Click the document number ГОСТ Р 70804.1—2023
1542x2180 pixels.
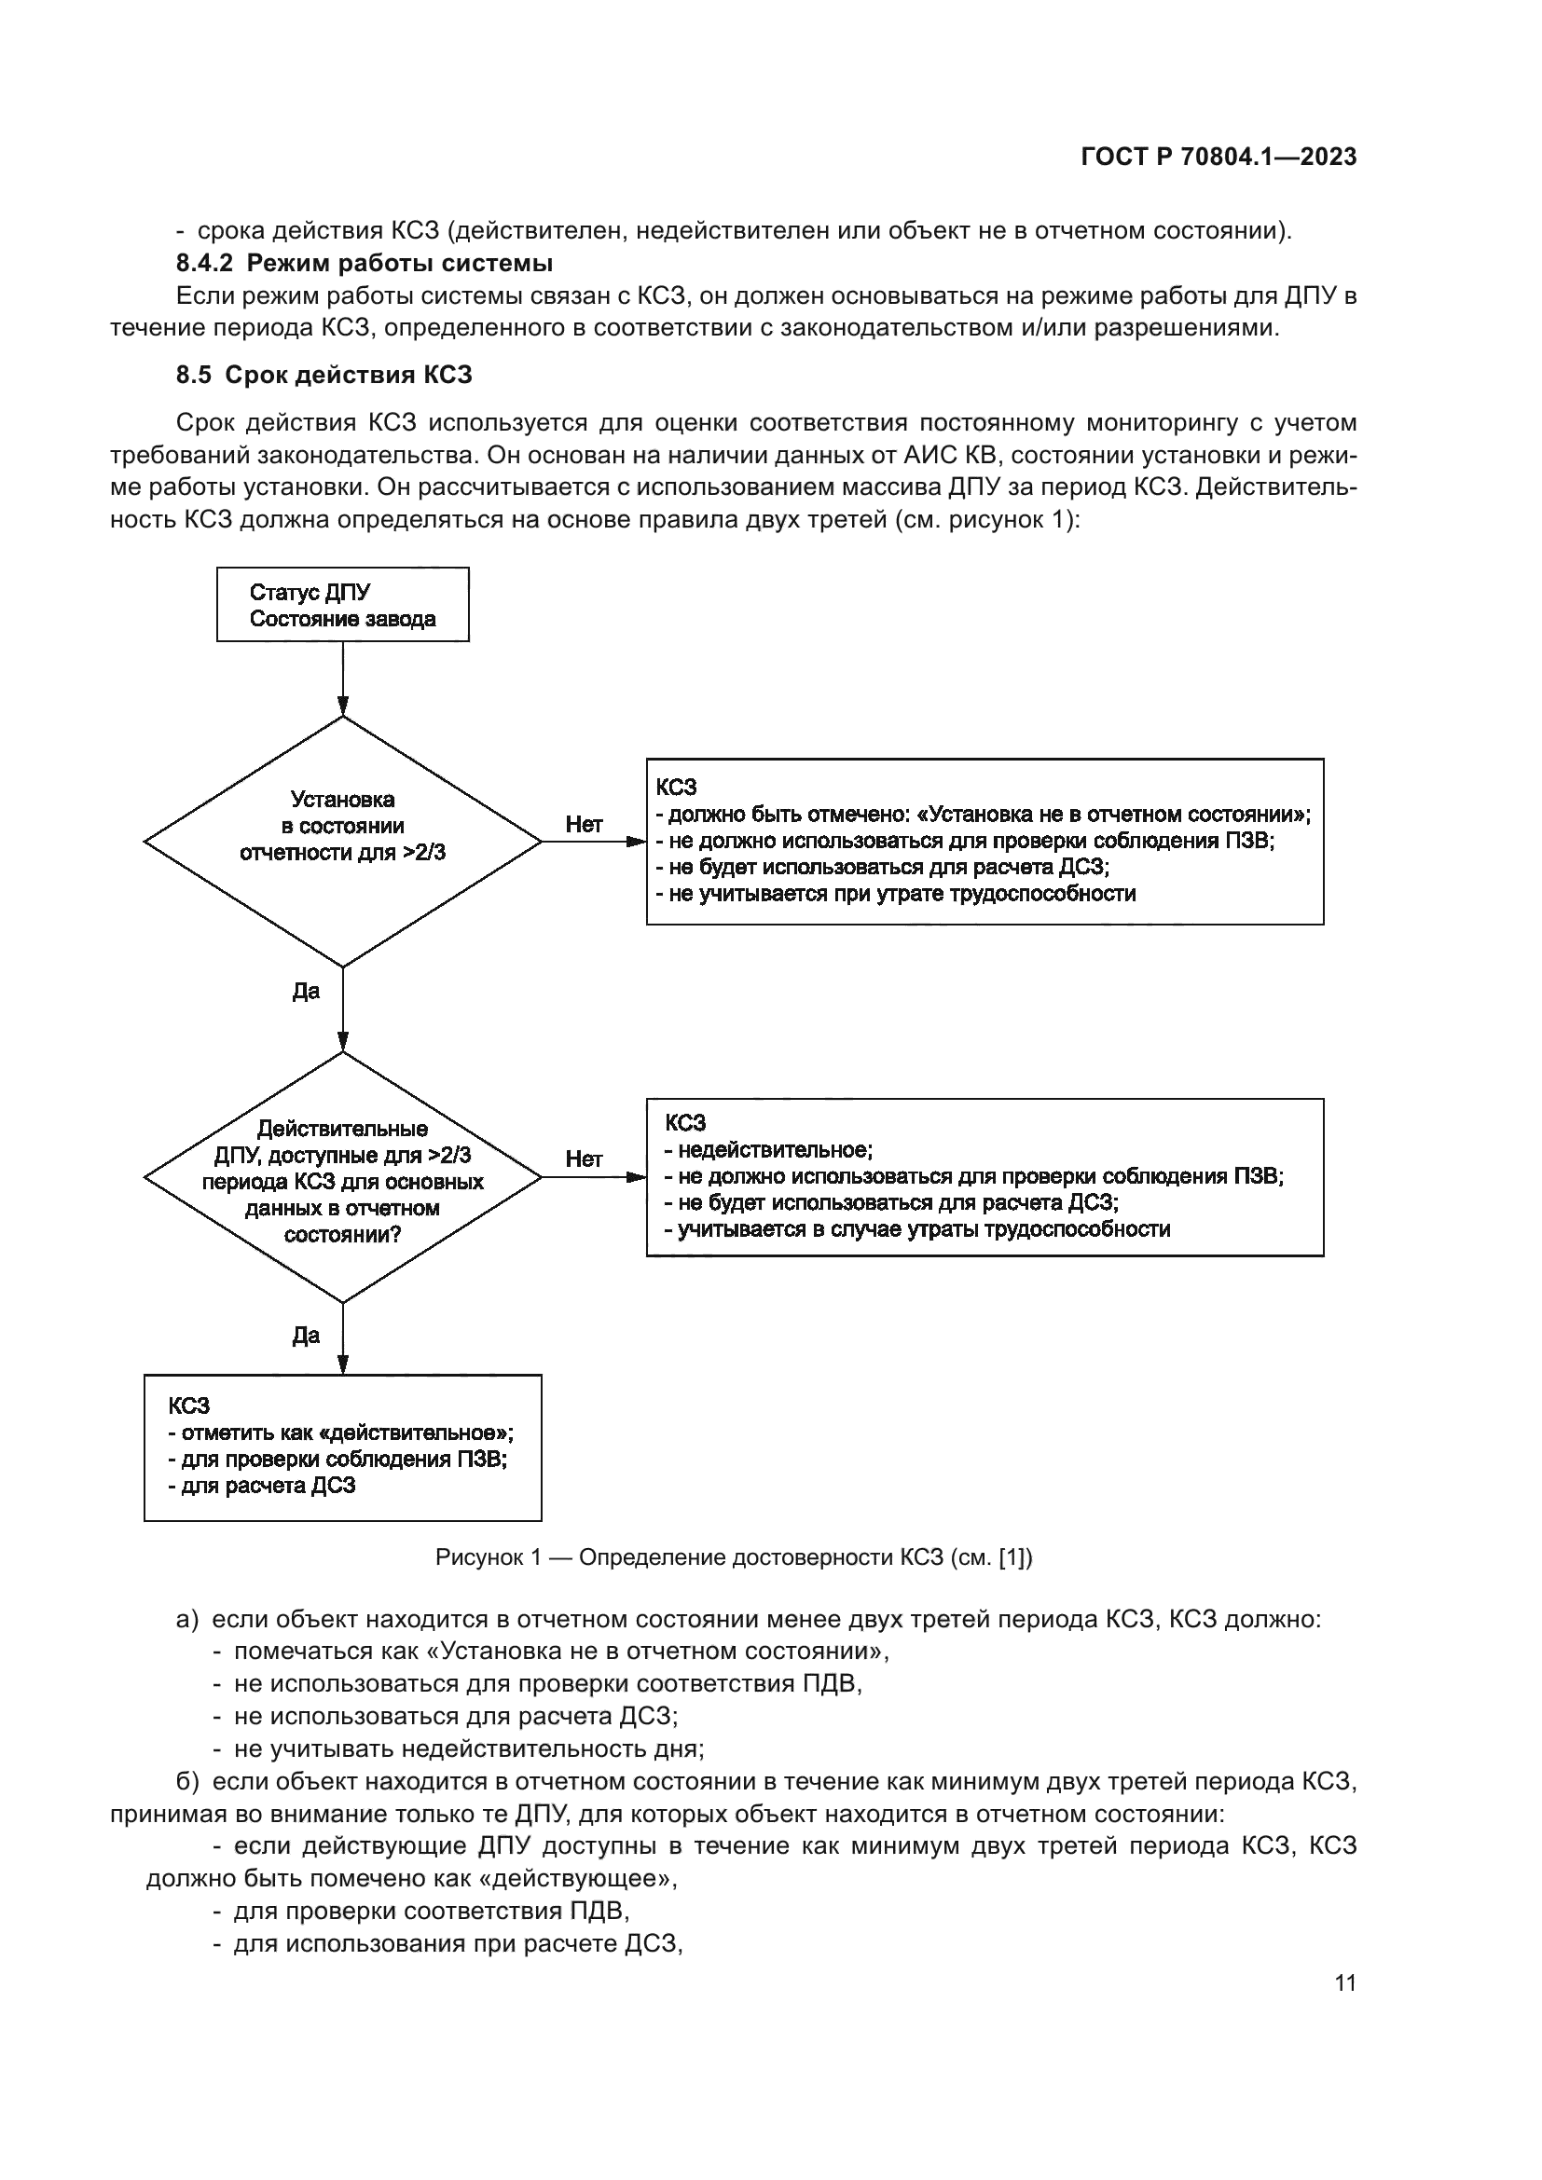pos(1218,158)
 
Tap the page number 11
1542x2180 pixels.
pos(1344,1982)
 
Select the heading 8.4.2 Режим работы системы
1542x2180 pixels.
pos(364,263)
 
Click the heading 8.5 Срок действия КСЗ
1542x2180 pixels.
pos(324,375)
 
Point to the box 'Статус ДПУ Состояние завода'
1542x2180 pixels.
pos(342,605)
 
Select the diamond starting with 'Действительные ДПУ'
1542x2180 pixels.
pos(342,1177)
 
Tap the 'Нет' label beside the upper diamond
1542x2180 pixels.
pos(583,824)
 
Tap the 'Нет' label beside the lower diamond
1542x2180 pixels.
pos(583,1159)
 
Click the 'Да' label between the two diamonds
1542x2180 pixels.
pos(306,992)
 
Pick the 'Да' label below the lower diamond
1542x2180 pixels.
pos(306,1336)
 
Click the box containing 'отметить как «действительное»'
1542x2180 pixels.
pos(342,1447)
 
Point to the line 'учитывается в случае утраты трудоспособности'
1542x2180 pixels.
pos(917,1229)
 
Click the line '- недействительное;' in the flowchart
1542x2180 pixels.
pos(768,1150)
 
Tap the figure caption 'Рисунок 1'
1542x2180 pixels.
pos(733,1558)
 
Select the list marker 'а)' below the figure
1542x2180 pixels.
pos(186,1620)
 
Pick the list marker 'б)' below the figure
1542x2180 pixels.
pos(186,1782)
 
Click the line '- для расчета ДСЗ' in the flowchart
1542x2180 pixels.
pos(262,1486)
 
